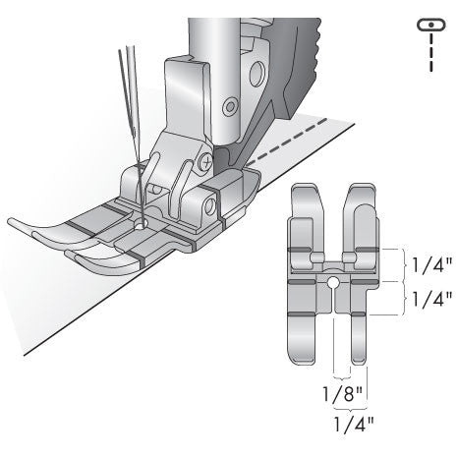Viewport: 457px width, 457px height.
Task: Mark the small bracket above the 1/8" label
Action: tap(341, 376)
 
